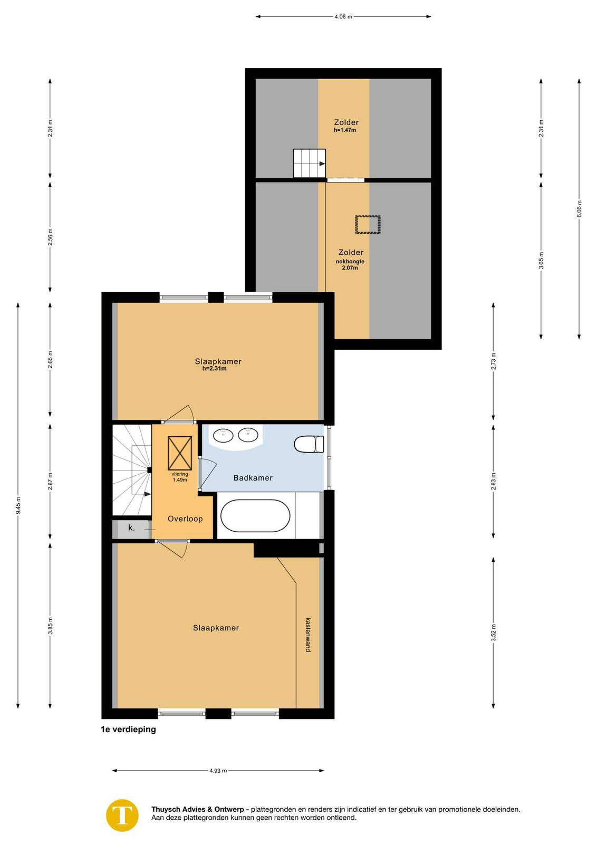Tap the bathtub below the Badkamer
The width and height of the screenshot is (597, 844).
[255, 516]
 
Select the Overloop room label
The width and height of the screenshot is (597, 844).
[185, 519]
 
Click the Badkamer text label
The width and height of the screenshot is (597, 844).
[253, 478]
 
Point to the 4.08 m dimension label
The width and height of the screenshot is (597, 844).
[343, 16]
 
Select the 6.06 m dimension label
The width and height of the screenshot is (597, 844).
[579, 208]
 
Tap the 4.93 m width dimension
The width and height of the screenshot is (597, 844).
[218, 771]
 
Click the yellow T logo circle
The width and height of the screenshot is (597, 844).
[122, 816]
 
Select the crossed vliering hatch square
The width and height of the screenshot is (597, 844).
[180, 453]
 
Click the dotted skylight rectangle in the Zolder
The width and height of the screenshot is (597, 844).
[368, 224]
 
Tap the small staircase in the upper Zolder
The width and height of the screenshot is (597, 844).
[309, 163]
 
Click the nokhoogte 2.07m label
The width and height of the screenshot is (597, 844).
[350, 264]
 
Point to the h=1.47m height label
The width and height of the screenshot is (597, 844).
[344, 130]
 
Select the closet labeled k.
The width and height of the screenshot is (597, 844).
[132, 529]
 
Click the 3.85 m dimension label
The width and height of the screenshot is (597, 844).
[50, 626]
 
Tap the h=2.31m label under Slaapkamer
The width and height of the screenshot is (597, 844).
[214, 369]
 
